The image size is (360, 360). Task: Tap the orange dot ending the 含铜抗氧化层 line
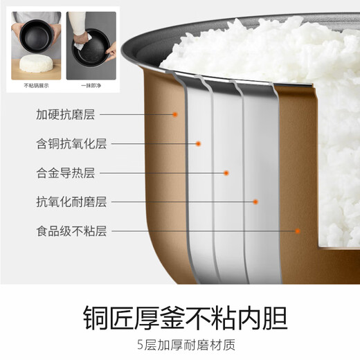pyautogui.click(x=199, y=143)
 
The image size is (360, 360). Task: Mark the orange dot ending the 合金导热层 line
pyautogui.click(x=226, y=172)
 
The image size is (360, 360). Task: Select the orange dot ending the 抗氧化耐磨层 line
pyautogui.click(x=255, y=201)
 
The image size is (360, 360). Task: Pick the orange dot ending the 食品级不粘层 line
pyautogui.click(x=298, y=231)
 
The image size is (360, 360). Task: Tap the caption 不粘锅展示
pyautogui.click(x=34, y=85)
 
